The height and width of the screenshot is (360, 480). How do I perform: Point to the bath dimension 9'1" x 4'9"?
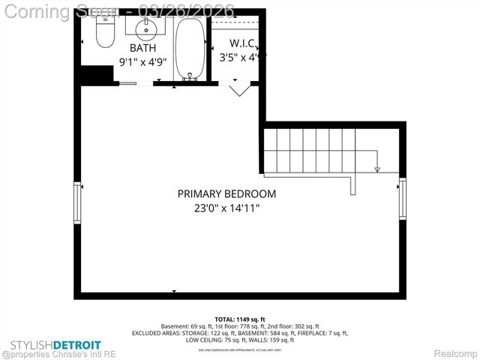click(x=142, y=62)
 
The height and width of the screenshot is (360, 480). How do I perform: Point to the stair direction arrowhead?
click(x=377, y=169)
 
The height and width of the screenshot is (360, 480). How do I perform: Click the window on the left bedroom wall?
click(x=76, y=203)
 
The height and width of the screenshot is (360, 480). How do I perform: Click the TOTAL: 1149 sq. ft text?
click(x=240, y=319)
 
